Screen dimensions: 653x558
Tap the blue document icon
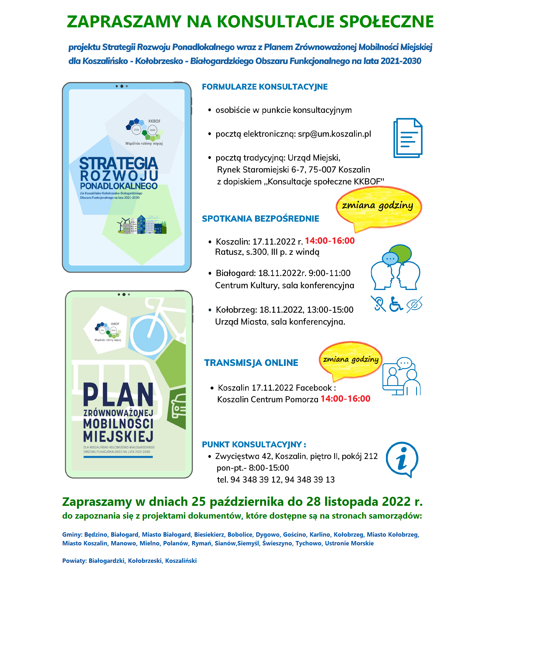click(407, 138)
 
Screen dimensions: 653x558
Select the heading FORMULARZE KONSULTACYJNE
click(264, 87)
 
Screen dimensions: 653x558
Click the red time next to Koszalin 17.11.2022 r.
click(330, 241)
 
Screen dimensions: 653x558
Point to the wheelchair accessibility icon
click(396, 304)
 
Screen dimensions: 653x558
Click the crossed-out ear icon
click(378, 304)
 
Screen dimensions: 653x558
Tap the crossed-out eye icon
click(414, 305)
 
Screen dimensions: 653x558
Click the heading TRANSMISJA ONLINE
click(251, 363)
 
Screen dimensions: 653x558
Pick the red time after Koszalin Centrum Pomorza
click(345, 399)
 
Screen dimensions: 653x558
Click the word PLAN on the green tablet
click(118, 395)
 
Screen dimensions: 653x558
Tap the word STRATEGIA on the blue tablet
click(118, 163)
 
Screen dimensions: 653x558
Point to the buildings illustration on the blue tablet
click(142, 225)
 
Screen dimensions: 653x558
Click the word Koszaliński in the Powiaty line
click(181, 561)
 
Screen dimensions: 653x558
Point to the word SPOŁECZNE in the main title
click(386, 22)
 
